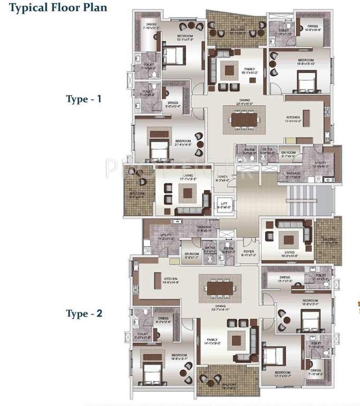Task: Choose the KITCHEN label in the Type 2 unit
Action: click(x=170, y=279)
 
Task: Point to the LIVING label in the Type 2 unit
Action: click(x=288, y=252)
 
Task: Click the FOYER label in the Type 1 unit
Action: click(x=222, y=177)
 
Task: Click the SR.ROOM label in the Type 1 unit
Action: click(x=288, y=153)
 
